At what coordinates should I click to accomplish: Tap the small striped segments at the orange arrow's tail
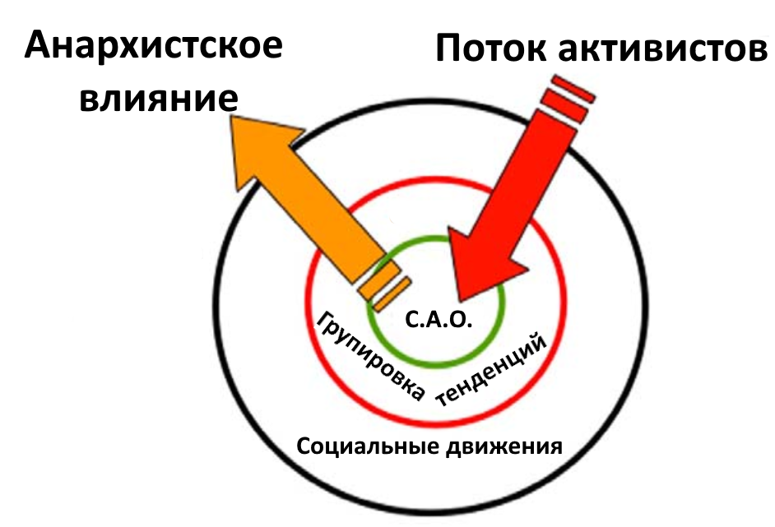(383, 287)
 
